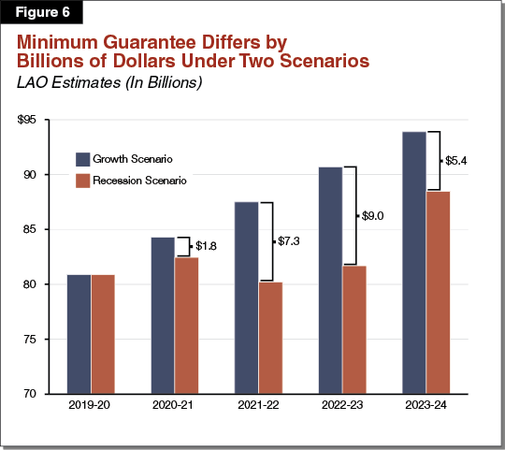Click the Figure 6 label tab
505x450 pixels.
tap(40, 13)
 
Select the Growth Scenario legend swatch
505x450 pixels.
tap(83, 158)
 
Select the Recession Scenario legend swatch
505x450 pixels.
tap(83, 180)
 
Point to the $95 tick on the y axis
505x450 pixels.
tap(24, 121)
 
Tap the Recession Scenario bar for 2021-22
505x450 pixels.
tap(270, 337)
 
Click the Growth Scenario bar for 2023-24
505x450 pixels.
tap(413, 262)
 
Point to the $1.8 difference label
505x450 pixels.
tap(207, 246)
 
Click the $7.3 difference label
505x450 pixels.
tap(290, 241)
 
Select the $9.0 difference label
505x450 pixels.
tap(373, 216)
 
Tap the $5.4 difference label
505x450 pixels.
tap(455, 161)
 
